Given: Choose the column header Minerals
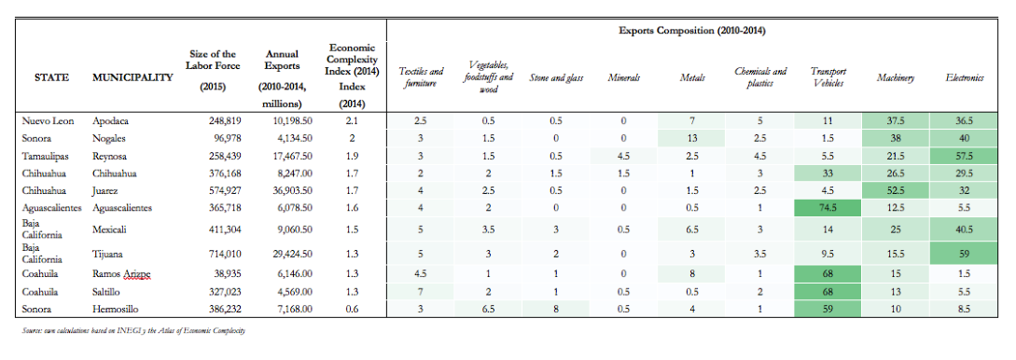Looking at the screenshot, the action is point(624,78).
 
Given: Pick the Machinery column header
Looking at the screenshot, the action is point(896,78).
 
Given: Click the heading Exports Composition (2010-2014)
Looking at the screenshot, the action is point(692,31).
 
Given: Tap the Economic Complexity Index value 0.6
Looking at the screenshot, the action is point(351,309).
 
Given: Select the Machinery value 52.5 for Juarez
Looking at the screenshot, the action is point(896,191).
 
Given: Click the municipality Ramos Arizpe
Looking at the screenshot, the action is point(122,274).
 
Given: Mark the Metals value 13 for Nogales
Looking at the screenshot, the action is point(692,138).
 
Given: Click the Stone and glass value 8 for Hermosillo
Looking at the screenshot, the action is point(556,309).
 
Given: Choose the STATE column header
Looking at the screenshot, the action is point(52,78).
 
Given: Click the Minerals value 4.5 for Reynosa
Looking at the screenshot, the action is point(624,156).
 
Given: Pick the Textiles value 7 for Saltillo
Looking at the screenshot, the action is point(421,291).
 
